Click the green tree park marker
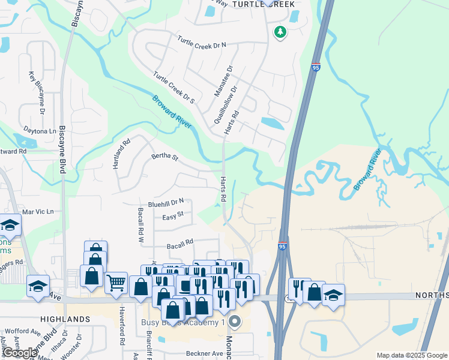pyautogui.click(x=280, y=32)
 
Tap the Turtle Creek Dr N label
pyautogui.click(x=202, y=43)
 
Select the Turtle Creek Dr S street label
pyautogui.click(x=173, y=88)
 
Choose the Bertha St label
pyautogui.click(x=165, y=157)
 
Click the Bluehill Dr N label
pyautogui.click(x=165, y=203)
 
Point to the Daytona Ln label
pyautogui.click(x=40, y=130)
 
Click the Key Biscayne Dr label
pyautogui.click(x=36, y=93)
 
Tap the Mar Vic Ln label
pyautogui.click(x=38, y=211)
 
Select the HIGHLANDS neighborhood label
pyautogui.click(x=65, y=319)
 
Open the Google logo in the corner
pyautogui.click(x=20, y=353)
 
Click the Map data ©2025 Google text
pyautogui.click(x=411, y=355)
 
